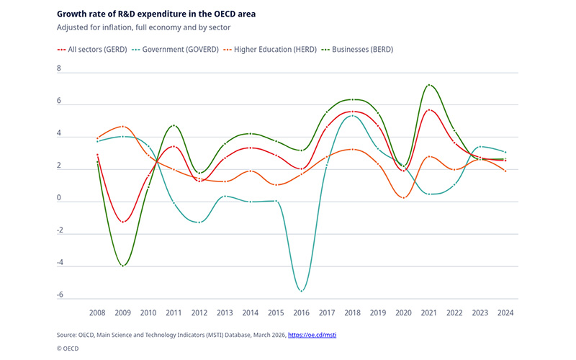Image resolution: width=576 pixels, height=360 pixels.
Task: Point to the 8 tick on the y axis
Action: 60,70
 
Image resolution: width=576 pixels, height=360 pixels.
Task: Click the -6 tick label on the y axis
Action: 60,295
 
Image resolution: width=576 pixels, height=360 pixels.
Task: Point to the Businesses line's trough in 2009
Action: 123,266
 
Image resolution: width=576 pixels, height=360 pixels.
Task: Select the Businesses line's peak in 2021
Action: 429,85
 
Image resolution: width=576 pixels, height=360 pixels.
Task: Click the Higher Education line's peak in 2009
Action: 123,127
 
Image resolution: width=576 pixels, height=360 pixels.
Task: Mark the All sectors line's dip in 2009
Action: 123,222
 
